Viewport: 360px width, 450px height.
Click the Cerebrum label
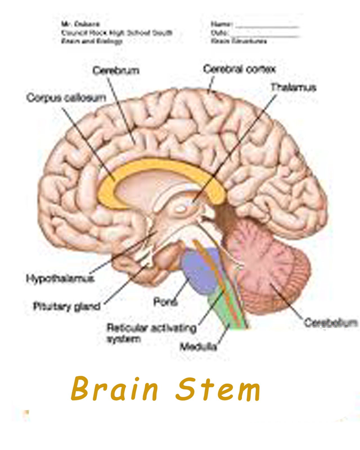point(116,70)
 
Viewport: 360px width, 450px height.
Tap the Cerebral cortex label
point(239,69)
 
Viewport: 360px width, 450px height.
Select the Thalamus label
point(293,87)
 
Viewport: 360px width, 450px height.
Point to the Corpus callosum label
point(66,98)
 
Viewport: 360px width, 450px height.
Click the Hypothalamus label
point(60,278)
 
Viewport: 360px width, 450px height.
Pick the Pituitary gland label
point(67,306)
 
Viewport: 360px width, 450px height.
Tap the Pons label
point(165,302)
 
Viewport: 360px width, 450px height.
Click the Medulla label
point(198,347)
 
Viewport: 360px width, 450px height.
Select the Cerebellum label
point(331,323)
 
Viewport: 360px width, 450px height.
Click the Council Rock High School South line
point(117,33)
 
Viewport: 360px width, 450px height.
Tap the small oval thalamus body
point(181,209)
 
